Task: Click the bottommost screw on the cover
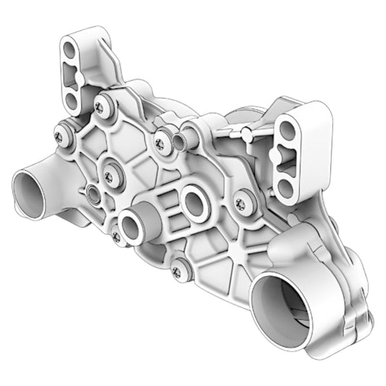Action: click(x=177, y=272)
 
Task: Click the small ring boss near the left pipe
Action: click(x=93, y=193)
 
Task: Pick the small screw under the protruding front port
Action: click(x=117, y=236)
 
